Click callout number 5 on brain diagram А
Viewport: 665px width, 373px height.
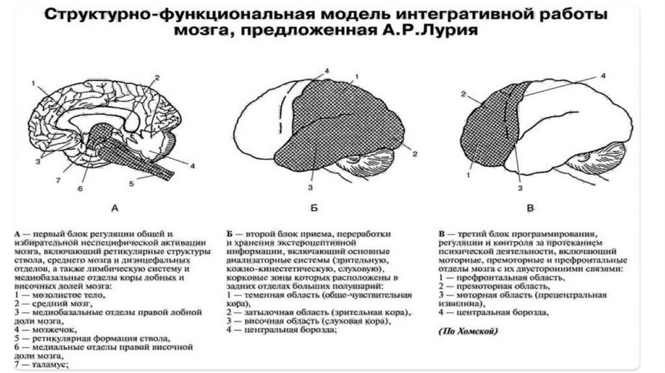pyautogui.click(x=131, y=184)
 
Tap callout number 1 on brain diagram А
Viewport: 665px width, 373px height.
pyautogui.click(x=32, y=83)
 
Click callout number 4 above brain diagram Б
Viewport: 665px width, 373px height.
pyautogui.click(x=327, y=70)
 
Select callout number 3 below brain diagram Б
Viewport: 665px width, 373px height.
pyautogui.click(x=310, y=187)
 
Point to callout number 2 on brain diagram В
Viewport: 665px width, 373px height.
pyautogui.click(x=464, y=95)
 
